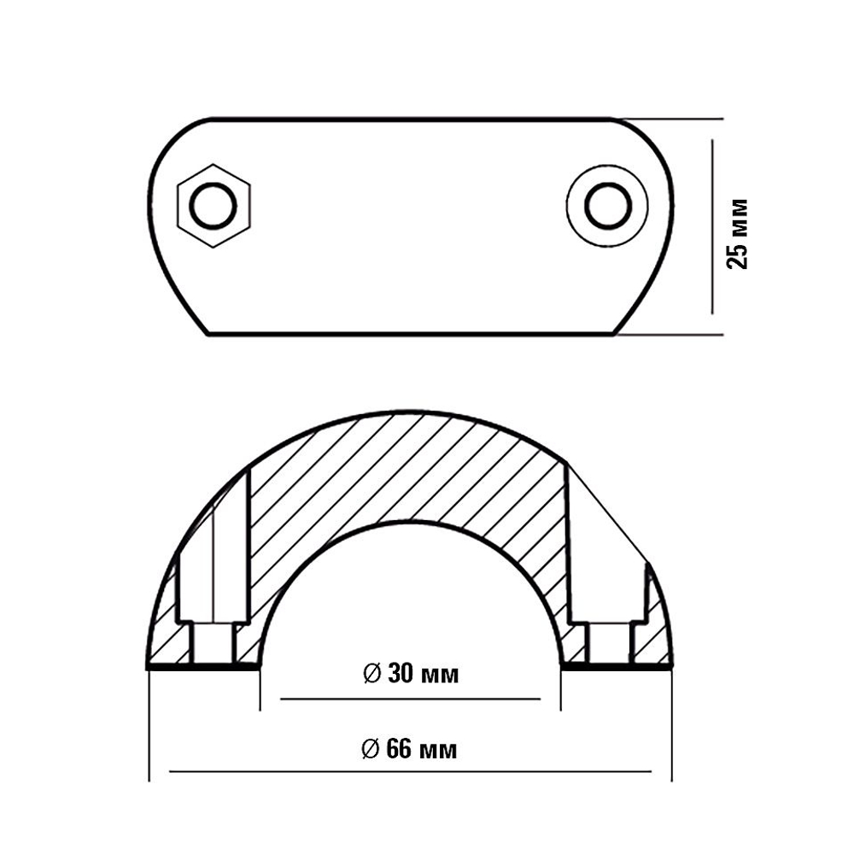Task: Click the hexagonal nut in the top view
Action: click(213, 206)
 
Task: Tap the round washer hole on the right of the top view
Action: click(608, 206)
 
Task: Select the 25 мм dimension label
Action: click(738, 234)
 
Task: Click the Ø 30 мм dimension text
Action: click(411, 675)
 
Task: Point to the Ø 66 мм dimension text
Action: click(409, 750)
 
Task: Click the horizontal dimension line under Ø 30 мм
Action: click(410, 699)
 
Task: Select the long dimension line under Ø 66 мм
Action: click(410, 771)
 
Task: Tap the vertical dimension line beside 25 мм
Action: click(712, 226)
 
